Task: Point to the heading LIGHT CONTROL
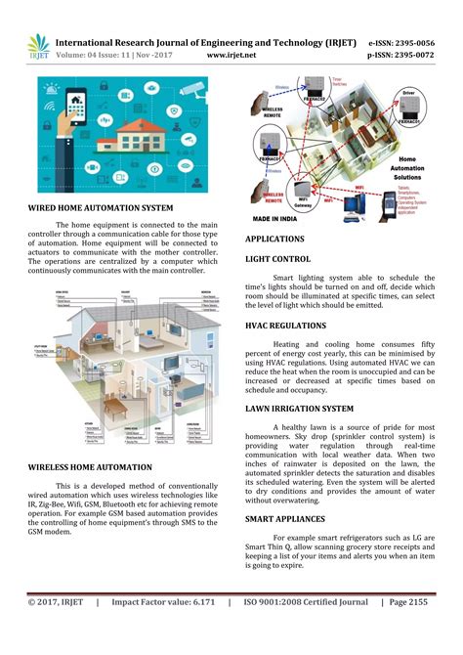278,259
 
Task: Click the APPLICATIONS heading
274,239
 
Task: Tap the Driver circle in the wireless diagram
409,100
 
